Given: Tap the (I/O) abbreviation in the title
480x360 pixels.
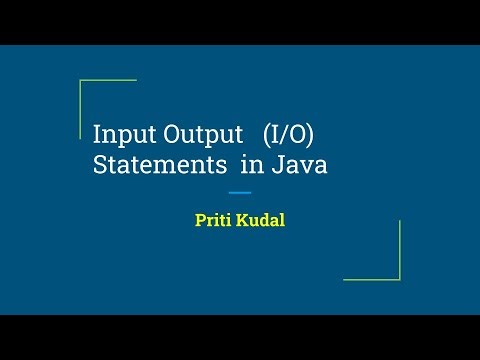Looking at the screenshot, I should click(296, 134).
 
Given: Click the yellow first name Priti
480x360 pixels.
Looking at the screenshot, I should click(214, 220).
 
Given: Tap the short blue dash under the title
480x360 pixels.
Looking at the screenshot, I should click(240, 192).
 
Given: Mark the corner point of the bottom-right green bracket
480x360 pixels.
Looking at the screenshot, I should click(399, 279).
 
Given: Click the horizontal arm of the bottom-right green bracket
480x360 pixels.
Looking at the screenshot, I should click(372, 279).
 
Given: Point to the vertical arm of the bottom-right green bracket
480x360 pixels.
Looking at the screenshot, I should click(399, 250).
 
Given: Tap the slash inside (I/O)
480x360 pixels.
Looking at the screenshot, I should click(297, 134).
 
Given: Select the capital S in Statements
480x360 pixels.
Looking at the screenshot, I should click(100, 166).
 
